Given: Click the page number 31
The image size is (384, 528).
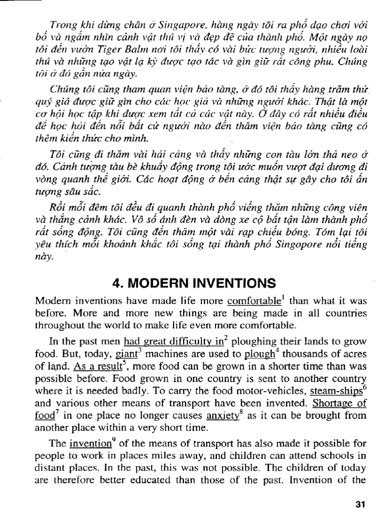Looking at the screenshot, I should point(361,504).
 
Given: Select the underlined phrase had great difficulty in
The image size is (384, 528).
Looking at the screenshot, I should point(158,339).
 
